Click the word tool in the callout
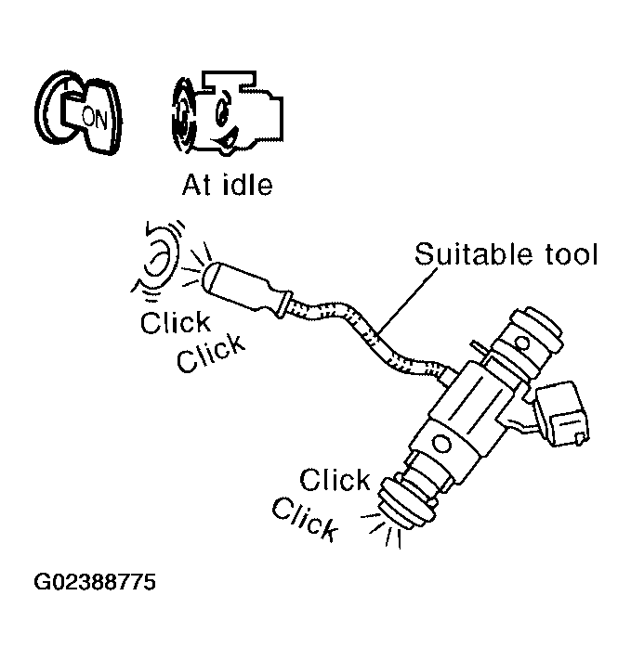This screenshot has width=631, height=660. [564, 253]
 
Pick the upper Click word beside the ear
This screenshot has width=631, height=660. [176, 323]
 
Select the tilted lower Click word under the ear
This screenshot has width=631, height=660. [212, 353]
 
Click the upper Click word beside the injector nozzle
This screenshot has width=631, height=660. [335, 480]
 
